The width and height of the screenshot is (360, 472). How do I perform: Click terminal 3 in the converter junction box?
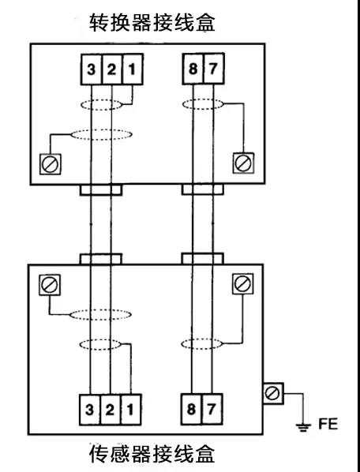[92, 69]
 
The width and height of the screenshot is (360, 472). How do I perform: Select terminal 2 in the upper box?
[111, 69]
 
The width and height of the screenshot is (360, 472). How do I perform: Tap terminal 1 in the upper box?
[133, 69]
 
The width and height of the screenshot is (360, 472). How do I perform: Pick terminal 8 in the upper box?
[193, 69]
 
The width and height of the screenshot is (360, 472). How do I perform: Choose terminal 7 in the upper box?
[213, 69]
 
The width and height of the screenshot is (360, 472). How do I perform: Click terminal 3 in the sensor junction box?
[90, 410]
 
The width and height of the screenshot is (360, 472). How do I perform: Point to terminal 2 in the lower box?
[111, 410]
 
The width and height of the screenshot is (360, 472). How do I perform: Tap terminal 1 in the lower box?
[131, 410]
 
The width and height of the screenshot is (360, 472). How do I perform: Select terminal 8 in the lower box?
[191, 409]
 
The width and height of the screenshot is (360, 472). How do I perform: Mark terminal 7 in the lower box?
[212, 409]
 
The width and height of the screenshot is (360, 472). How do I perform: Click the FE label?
[328, 424]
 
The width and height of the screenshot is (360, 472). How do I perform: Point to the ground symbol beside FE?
[303, 426]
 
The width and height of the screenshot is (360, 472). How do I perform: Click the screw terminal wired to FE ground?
[273, 393]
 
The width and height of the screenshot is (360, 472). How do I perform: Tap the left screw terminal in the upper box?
[51, 164]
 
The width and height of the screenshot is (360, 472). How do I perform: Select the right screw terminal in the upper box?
[243, 163]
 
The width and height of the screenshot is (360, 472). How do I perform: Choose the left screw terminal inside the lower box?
[50, 285]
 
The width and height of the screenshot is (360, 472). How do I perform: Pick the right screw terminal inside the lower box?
[242, 284]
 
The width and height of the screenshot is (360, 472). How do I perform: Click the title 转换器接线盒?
[152, 22]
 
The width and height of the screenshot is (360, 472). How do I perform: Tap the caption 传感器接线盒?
[152, 454]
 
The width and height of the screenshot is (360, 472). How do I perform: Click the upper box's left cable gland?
[101, 190]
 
